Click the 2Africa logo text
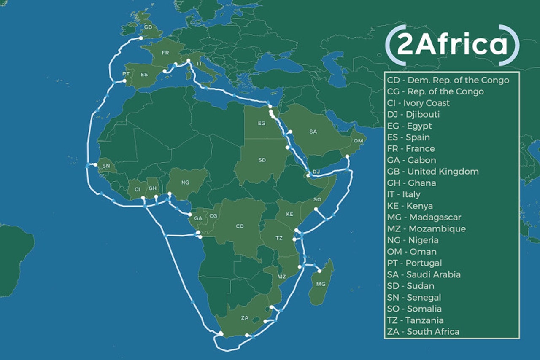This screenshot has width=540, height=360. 452,45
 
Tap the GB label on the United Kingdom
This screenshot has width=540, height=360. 148,27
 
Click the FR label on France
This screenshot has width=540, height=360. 165,53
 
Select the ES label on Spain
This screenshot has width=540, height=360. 144,75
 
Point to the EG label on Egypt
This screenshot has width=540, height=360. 261,124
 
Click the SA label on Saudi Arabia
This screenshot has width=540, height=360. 313,132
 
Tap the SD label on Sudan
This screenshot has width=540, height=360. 262,160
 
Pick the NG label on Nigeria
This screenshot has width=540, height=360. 185,183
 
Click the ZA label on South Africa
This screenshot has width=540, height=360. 245,317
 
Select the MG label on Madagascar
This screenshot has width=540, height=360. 321,284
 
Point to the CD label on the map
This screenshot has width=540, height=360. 240,226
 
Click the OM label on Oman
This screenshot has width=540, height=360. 358,140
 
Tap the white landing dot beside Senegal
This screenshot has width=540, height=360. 95,165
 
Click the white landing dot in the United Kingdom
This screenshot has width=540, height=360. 141,38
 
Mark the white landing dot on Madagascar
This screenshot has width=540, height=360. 319,271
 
